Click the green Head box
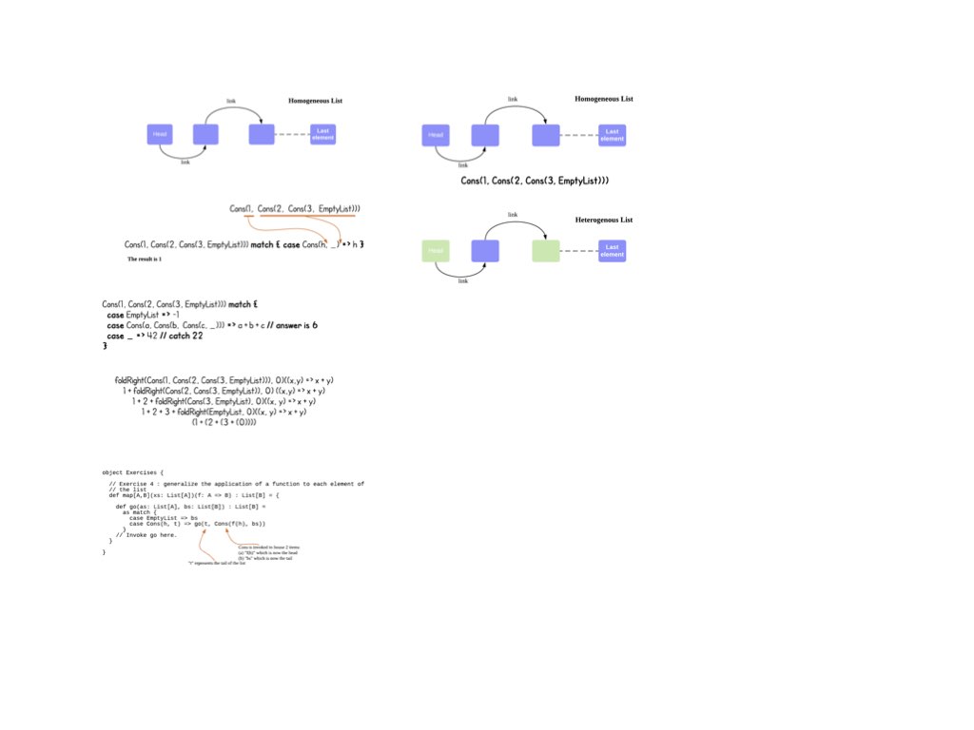pyautogui.click(x=436, y=251)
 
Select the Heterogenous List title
pyautogui.click(x=604, y=221)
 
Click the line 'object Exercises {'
pyautogui.click(x=132, y=472)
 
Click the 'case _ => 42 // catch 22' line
pyautogui.click(x=155, y=336)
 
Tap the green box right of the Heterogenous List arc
pyautogui.click(x=546, y=251)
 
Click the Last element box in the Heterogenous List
pyautogui.click(x=613, y=251)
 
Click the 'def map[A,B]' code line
pyautogui.click(x=194, y=495)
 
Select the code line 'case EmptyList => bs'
pyautogui.click(x=164, y=518)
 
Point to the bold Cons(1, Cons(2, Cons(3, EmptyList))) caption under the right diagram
pyautogui.click(x=535, y=181)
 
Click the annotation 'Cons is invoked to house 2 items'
pyautogui.click(x=268, y=548)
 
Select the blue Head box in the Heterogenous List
pyautogui.click(x=485, y=251)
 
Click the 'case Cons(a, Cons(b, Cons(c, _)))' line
pyautogui.click(x=212, y=325)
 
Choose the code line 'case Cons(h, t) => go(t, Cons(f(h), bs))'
pyautogui.click(x=197, y=524)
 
